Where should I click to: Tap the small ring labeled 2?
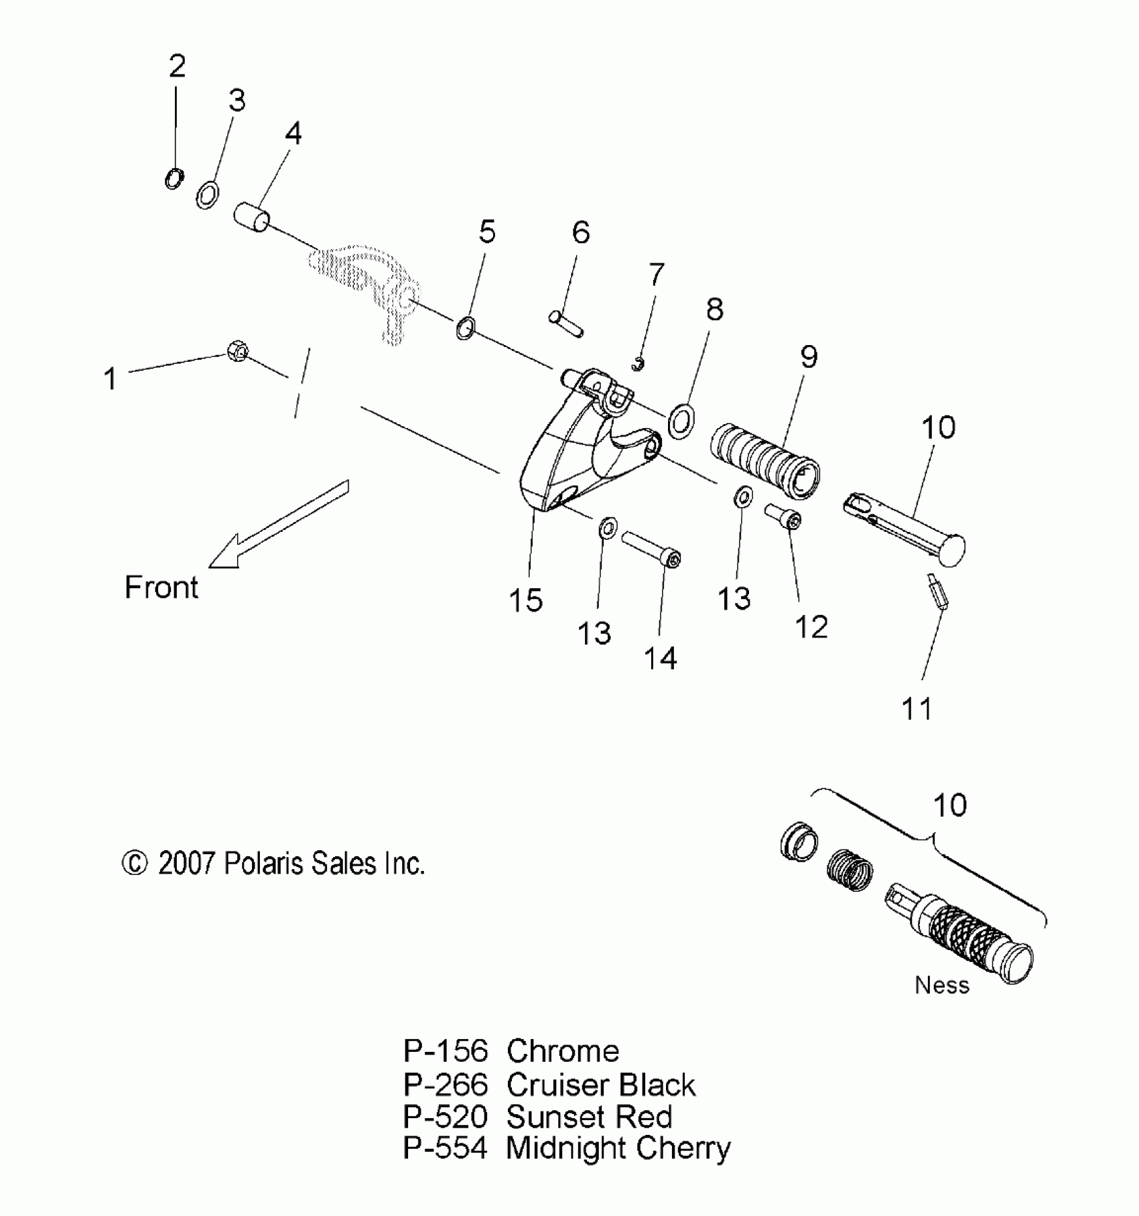click(174, 179)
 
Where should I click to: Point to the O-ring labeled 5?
click(466, 328)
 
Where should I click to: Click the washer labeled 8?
click(681, 421)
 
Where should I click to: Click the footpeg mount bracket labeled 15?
click(569, 456)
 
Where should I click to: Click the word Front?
click(161, 588)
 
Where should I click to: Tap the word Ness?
click(941, 985)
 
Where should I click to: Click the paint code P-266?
click(445, 1085)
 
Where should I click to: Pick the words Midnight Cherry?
click(618, 1148)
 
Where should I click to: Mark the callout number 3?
click(237, 100)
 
